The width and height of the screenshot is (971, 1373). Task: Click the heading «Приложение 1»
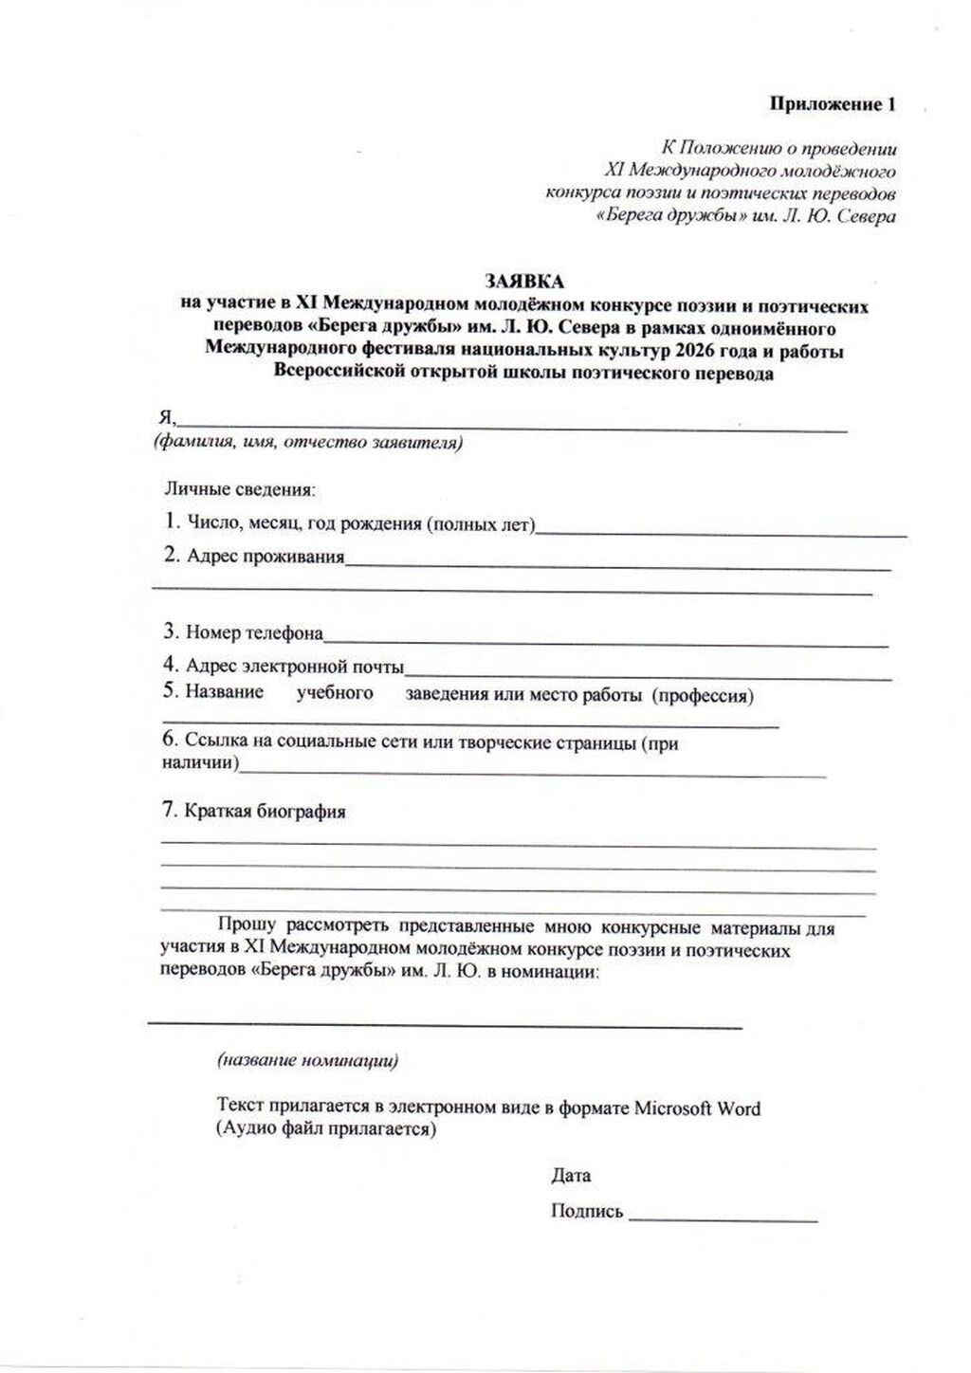pos(832,104)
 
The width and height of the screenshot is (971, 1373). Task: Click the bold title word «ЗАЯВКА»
pos(523,282)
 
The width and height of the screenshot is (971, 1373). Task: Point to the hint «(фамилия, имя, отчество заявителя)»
pos(309,443)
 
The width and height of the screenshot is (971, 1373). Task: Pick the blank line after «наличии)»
pos(531,773)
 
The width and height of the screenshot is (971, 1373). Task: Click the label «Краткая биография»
pos(265,812)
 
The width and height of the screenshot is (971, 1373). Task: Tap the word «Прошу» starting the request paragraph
pos(247,926)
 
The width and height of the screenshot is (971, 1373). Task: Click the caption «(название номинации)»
pos(307,1061)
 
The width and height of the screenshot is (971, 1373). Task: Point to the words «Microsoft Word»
pos(697,1108)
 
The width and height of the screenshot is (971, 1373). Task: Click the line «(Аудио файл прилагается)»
pos(326,1129)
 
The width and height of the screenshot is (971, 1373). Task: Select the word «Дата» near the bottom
pos(571,1176)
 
